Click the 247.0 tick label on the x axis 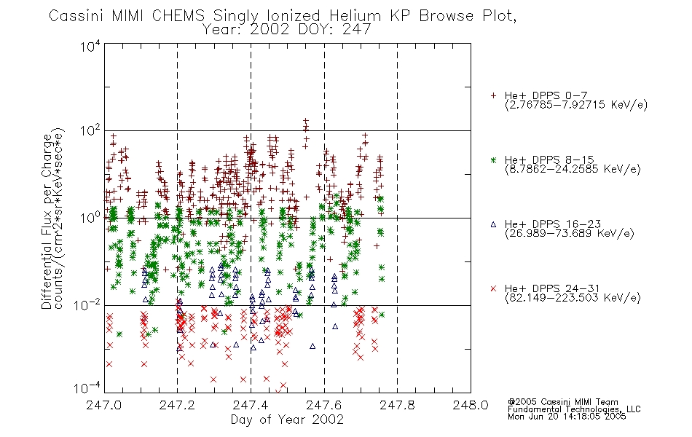click(x=103, y=405)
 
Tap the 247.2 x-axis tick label click(x=177, y=405)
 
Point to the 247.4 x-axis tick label click(x=251, y=405)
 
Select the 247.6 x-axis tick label click(x=324, y=405)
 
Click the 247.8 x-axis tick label click(x=397, y=405)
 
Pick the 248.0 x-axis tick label click(x=471, y=405)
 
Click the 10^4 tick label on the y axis click(x=90, y=46)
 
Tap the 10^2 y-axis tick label click(x=90, y=131)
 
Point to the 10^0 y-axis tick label click(x=90, y=218)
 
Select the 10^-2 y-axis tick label click(x=87, y=304)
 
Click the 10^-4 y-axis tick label click(x=87, y=388)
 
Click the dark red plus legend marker click(x=493, y=95)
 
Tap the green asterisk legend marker click(x=493, y=160)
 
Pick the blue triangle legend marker click(x=493, y=224)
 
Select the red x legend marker click(x=493, y=288)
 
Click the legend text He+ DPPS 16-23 click(x=553, y=224)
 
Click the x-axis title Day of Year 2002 click(x=287, y=420)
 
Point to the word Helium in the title click(x=355, y=16)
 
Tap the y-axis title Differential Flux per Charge click(x=47, y=221)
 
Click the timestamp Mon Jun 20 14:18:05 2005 click(x=567, y=417)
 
